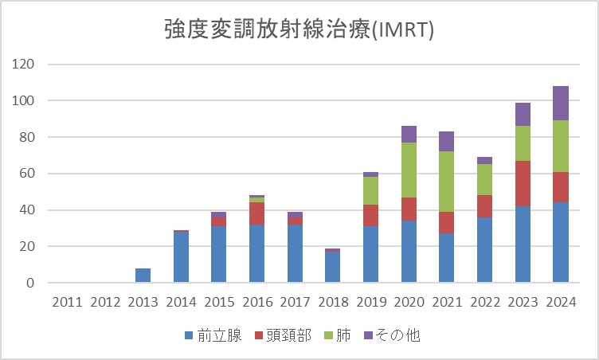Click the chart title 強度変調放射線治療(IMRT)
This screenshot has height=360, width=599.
(x=299, y=30)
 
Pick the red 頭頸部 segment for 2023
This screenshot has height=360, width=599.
(x=522, y=183)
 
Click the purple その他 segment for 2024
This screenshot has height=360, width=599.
(x=560, y=103)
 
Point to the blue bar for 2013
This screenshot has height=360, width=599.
(x=142, y=276)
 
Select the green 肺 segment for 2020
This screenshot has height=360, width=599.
(x=409, y=170)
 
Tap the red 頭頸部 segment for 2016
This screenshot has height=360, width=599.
(x=256, y=213)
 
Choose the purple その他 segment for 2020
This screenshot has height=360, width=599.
(x=409, y=134)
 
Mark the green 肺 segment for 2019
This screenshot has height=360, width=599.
(x=371, y=190)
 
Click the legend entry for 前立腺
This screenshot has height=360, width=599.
(x=212, y=335)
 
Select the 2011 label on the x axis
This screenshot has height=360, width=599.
(x=66, y=302)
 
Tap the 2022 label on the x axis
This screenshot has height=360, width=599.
(x=484, y=302)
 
